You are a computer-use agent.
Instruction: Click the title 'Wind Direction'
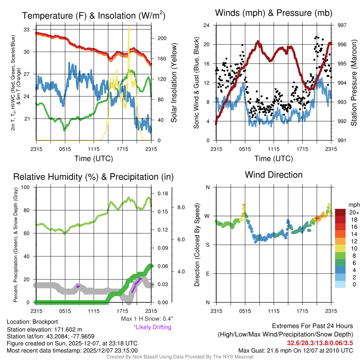point(274,175)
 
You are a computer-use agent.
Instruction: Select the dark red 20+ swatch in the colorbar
point(340,212)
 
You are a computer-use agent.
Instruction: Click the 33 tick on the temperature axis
point(27,30)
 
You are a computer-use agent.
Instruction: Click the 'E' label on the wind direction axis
point(207,273)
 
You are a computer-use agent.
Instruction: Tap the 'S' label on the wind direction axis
point(207,245)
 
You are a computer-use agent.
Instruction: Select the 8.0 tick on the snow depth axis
point(180,207)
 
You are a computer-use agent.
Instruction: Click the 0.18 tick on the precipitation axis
point(163,193)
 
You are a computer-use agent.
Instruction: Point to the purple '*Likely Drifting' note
point(152,327)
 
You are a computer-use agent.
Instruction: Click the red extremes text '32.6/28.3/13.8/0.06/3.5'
point(320,343)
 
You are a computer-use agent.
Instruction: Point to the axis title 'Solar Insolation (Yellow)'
point(174,83)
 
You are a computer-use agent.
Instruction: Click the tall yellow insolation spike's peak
point(129,26)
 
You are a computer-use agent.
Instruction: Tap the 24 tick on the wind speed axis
point(207,25)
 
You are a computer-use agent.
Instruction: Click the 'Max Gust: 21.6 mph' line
point(295,350)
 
